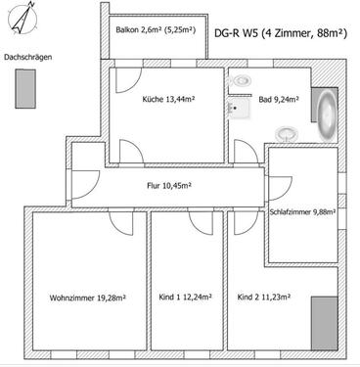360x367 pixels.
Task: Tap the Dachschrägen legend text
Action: click(28, 58)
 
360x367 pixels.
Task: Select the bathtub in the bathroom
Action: click(325, 113)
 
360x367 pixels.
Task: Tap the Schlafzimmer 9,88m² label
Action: click(302, 211)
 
